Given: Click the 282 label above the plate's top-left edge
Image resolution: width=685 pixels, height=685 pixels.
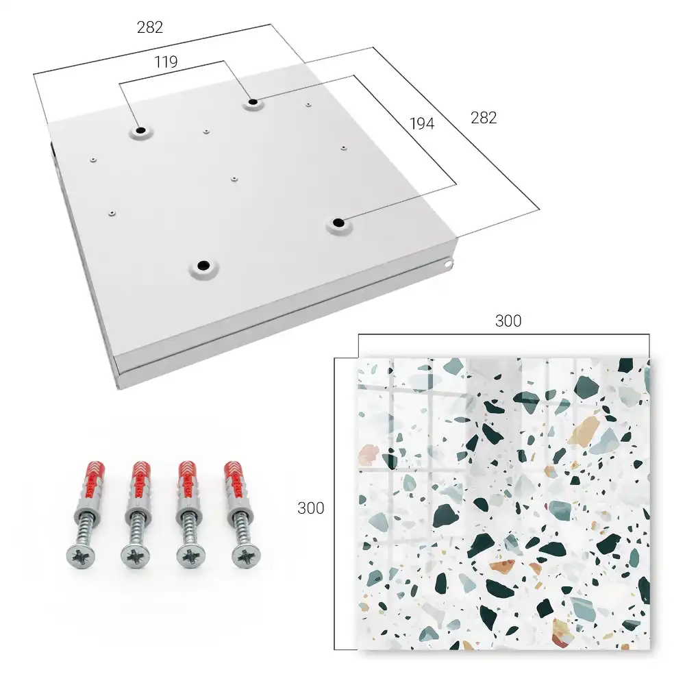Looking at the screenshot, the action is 150,27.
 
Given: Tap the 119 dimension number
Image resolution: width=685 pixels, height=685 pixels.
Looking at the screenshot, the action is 166,62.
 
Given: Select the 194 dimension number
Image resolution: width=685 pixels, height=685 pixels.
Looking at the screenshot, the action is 422,123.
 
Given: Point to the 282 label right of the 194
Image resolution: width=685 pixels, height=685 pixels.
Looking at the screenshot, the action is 484,118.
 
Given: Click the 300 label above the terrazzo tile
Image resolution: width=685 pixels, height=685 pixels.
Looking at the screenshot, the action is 508,321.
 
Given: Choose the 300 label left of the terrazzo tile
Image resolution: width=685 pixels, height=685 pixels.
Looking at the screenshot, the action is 310,508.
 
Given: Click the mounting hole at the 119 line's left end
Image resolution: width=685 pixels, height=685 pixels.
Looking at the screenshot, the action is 141,131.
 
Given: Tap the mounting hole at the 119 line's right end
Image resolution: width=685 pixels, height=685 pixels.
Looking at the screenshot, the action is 253,103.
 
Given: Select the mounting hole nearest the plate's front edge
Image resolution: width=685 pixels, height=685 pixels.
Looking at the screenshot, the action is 203,266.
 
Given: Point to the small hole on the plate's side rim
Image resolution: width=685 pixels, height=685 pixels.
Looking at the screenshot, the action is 449,264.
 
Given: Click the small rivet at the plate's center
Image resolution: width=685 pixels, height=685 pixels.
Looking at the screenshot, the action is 234,179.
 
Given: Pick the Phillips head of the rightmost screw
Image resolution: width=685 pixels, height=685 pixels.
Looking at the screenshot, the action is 245,556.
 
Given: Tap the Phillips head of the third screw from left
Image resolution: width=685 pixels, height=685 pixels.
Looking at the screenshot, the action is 190,557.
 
